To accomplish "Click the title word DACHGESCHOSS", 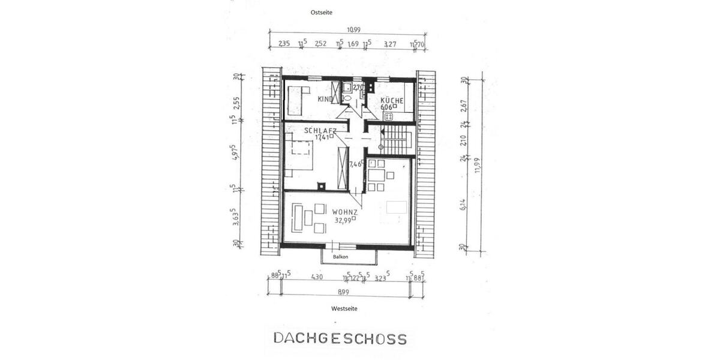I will [340, 338].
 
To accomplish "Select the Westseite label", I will [344, 308].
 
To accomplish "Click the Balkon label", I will [341, 257].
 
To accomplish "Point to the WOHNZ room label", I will [345, 212].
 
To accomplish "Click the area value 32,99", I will [343, 220].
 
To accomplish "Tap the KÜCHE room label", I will [392, 101].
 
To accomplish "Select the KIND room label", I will [325, 99].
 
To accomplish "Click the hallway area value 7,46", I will [355, 163].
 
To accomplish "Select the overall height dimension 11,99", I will [478, 165].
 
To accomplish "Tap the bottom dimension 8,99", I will [344, 292].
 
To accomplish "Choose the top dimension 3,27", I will [390, 43].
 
